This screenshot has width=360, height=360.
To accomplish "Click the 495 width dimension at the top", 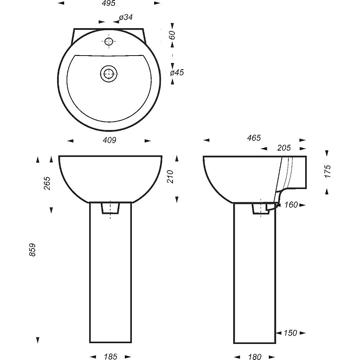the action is click(109, 3).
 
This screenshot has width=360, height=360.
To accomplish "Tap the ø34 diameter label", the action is click(126, 17).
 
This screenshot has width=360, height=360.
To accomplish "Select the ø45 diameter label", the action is click(177, 72).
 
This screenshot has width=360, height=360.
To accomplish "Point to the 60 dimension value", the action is click(172, 35).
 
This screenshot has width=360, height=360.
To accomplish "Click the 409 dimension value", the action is click(110, 140).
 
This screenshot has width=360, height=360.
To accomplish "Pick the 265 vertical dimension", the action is click(47, 183).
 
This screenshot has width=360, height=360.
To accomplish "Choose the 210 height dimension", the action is click(170, 176).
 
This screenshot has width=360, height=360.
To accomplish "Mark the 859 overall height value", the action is click(32, 250).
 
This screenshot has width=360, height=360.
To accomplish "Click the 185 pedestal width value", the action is click(111, 356).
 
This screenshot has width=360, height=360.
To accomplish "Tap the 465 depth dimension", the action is click(254, 138).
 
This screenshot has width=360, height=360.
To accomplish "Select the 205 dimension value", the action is click(284, 148).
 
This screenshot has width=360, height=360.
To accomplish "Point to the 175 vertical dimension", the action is click(328, 171).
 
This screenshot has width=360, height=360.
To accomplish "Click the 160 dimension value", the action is click(291, 205).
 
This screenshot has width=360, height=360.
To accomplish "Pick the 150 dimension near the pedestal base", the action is click(290, 333).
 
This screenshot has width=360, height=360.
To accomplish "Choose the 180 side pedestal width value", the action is click(255, 356).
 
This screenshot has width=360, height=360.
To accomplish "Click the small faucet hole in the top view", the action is click(109, 41).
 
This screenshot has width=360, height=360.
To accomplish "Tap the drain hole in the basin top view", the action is click(109, 74).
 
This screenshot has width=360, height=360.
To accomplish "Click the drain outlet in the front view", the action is click(110, 208).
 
